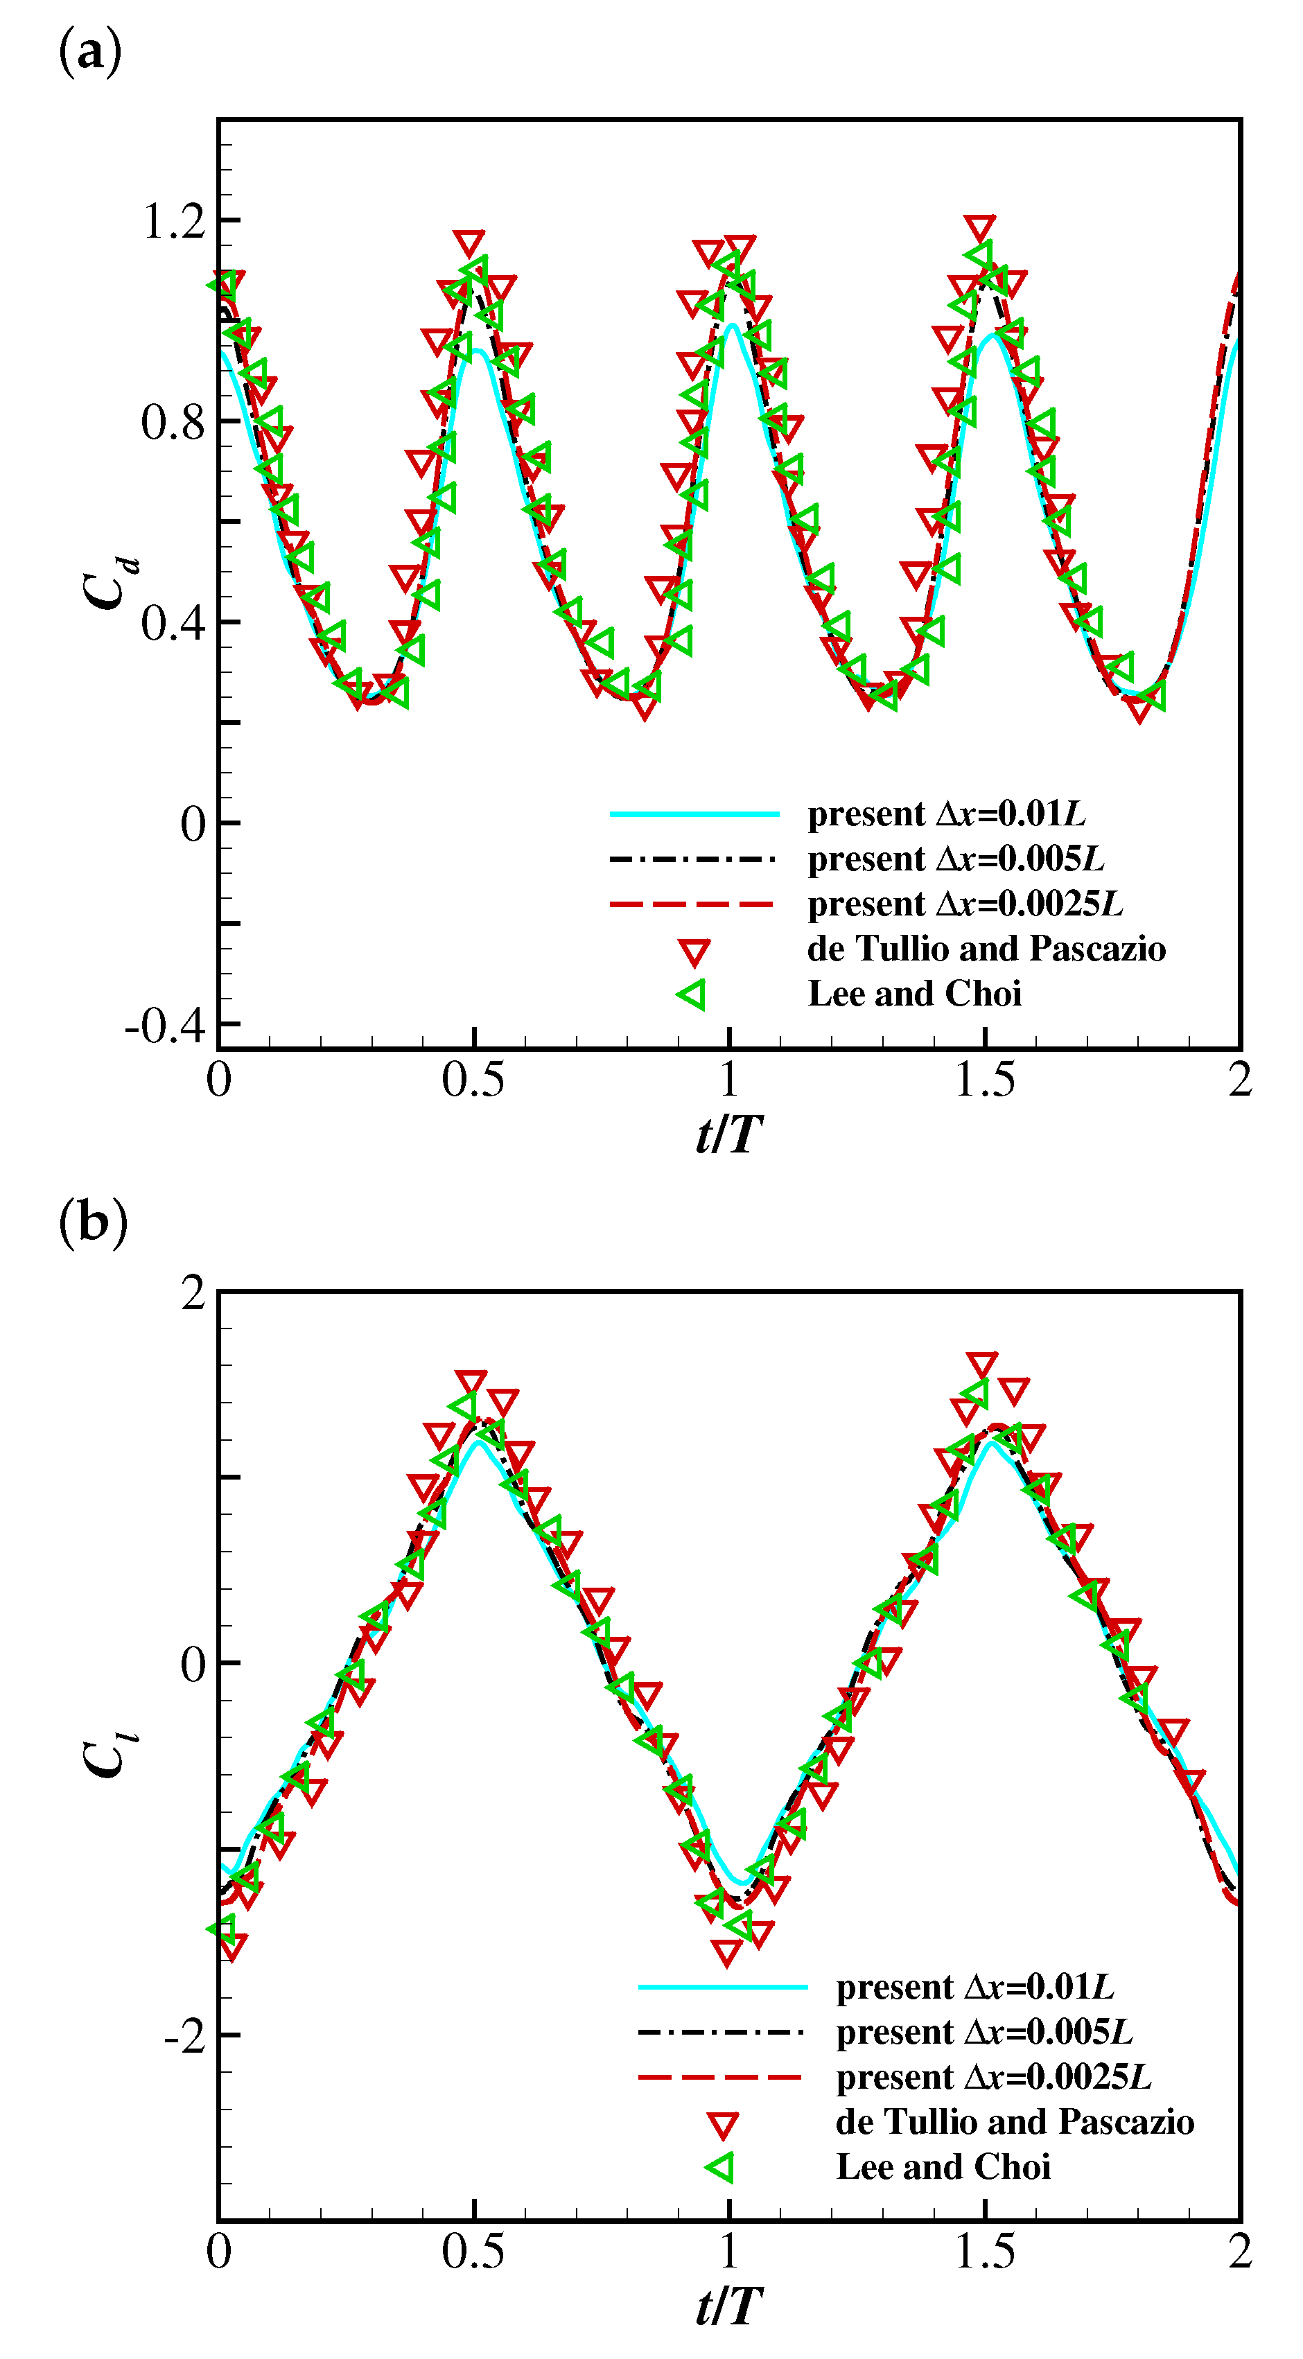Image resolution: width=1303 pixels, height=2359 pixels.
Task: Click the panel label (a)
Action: point(89,52)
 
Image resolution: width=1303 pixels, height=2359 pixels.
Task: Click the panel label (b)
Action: point(92,1223)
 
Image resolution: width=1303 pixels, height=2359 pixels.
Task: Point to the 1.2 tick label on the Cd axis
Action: point(174,220)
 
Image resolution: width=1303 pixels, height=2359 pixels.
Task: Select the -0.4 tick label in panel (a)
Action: point(166,1026)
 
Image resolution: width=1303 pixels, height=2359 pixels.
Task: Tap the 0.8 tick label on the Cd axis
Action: point(174,422)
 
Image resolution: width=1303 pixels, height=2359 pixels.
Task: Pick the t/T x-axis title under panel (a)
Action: point(729,1134)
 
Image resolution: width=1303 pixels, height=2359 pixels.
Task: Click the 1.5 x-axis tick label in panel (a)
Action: point(984,1080)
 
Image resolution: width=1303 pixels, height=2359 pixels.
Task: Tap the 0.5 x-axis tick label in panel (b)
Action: point(473,2253)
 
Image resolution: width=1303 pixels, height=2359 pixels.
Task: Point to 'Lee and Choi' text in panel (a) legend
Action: point(914,994)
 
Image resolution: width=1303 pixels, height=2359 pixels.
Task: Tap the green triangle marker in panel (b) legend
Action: point(721,2168)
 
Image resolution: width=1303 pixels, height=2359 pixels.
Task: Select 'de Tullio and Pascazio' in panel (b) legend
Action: point(1015,2122)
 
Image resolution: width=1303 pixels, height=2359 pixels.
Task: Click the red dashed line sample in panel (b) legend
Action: point(721,2078)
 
